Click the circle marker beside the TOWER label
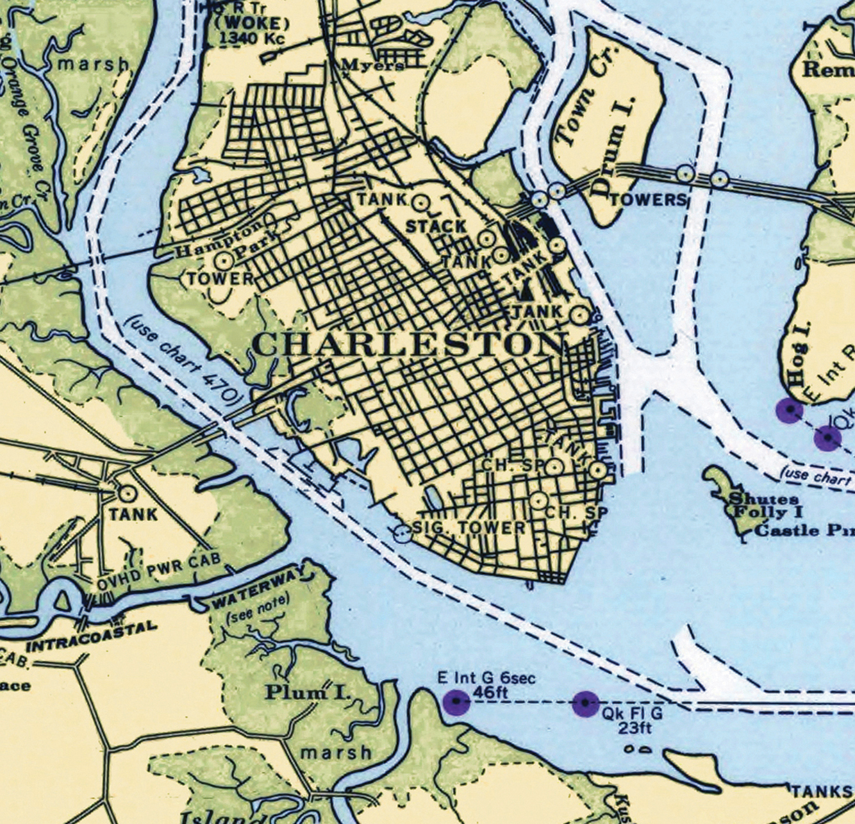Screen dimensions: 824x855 tap(224, 260)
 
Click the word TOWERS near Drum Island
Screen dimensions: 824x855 tap(648, 200)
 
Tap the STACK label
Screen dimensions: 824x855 tap(436, 226)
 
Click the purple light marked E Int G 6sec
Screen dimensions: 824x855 tap(456, 702)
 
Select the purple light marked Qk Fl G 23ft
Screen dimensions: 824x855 tap(585, 703)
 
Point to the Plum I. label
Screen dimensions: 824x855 tap(304, 692)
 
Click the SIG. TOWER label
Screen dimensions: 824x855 tap(469, 527)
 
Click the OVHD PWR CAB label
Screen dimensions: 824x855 tap(158, 572)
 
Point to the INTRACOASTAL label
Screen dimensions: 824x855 tap(91, 636)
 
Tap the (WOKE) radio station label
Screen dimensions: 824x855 tap(252, 24)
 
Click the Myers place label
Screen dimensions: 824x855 tap(372, 65)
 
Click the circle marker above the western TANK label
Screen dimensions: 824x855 tap(127, 493)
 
